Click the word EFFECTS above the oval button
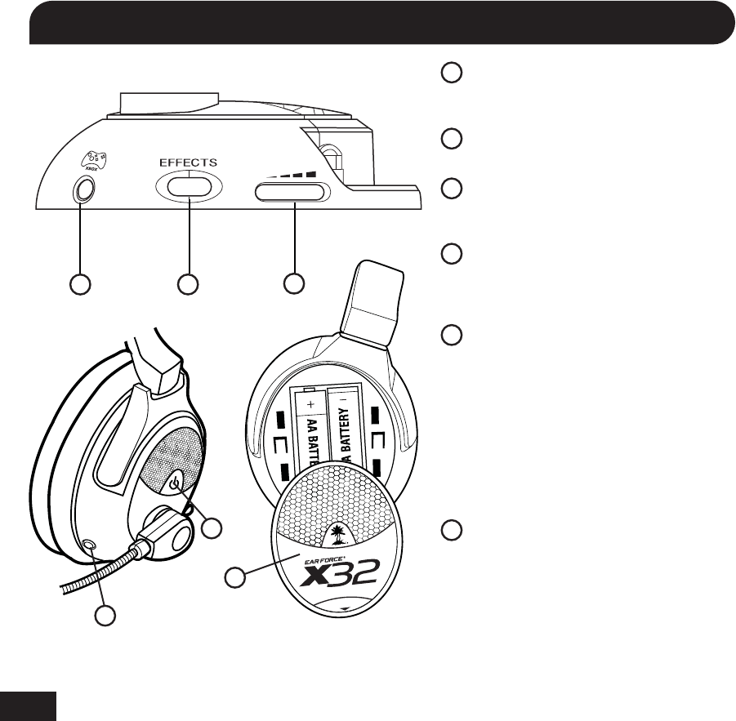click(188, 162)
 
